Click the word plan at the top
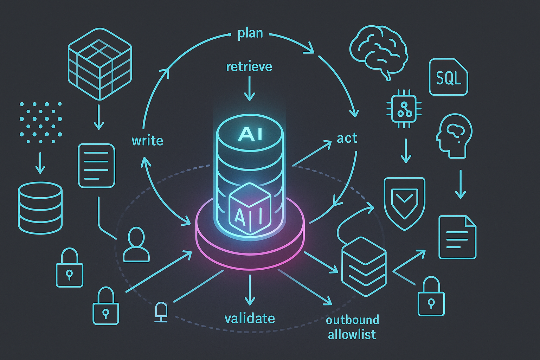tap(250, 34)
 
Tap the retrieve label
tap(249, 66)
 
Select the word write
tap(147, 141)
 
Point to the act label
tap(347, 138)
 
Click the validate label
tap(250, 319)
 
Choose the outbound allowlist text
tap(352, 327)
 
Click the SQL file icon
tap(448, 77)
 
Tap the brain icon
tap(379, 51)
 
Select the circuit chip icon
tap(404, 109)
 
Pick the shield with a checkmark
tap(404, 203)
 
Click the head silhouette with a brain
tap(454, 136)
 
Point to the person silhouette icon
tap(136, 245)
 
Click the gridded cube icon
tap(99, 64)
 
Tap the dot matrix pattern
tap(40, 123)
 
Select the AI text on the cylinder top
tap(250, 134)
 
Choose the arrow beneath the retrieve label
tap(249, 89)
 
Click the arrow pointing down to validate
tap(250, 290)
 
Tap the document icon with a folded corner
tap(457, 237)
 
